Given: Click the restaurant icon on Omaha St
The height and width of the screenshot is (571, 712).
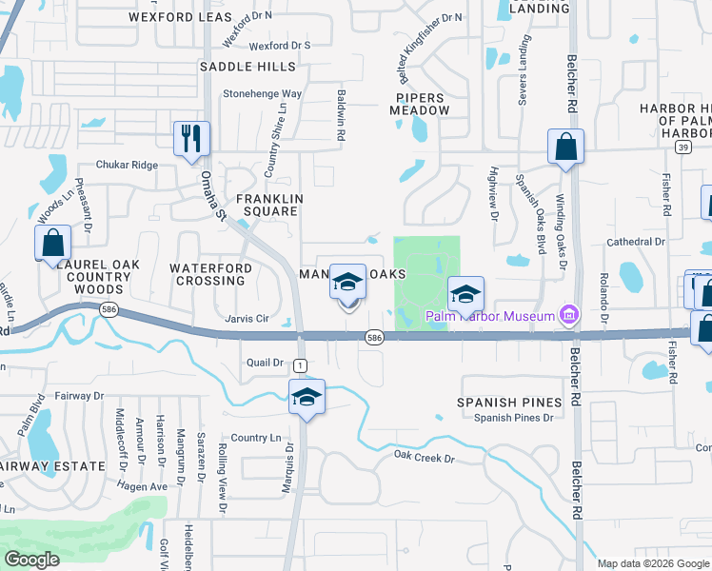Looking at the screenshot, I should pyautogui.click(x=191, y=139).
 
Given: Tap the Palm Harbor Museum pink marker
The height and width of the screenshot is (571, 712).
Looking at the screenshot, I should pyautogui.click(x=569, y=315).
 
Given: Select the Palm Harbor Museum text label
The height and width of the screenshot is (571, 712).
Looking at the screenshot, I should pyautogui.click(x=489, y=316).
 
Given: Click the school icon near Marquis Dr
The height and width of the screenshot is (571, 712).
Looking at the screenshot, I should pyautogui.click(x=307, y=397).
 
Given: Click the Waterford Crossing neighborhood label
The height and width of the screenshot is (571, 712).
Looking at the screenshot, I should pyautogui.click(x=211, y=275).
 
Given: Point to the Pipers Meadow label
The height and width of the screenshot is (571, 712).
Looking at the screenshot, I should pyautogui.click(x=419, y=104).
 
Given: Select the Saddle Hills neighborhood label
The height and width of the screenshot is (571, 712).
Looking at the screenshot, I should pyautogui.click(x=247, y=67).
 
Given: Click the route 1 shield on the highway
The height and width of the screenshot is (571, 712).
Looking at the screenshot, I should pyautogui.click(x=301, y=365).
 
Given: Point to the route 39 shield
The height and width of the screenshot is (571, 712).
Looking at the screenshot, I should pyautogui.click(x=682, y=148).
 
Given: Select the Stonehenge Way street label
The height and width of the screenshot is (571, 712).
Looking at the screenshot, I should pyautogui.click(x=262, y=94).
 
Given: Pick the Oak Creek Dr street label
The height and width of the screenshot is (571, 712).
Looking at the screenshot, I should pyautogui.click(x=425, y=458).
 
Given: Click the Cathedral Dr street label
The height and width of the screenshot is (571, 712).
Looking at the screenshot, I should pyautogui.click(x=636, y=242).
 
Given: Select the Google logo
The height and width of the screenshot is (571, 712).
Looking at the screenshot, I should pyautogui.click(x=32, y=559).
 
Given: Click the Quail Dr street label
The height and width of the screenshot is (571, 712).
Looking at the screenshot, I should pyautogui.click(x=266, y=363).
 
